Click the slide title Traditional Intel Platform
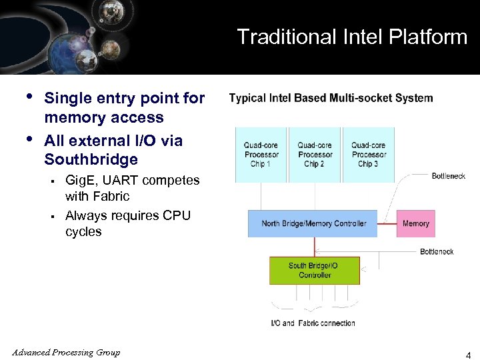(x=352, y=37)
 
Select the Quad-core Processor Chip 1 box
(x=260, y=155)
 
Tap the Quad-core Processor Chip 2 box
(x=314, y=155)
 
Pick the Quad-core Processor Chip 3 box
(x=368, y=155)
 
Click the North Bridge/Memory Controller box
(x=313, y=224)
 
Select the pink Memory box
(x=415, y=224)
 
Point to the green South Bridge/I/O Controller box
(x=313, y=270)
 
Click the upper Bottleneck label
(x=448, y=176)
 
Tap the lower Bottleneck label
(x=437, y=251)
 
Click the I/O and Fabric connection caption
(x=313, y=323)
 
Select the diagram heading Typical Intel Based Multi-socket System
(x=331, y=99)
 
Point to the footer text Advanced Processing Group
(x=66, y=353)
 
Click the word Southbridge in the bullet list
(x=91, y=159)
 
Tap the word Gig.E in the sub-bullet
(x=80, y=181)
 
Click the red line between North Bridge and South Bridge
(x=313, y=247)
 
